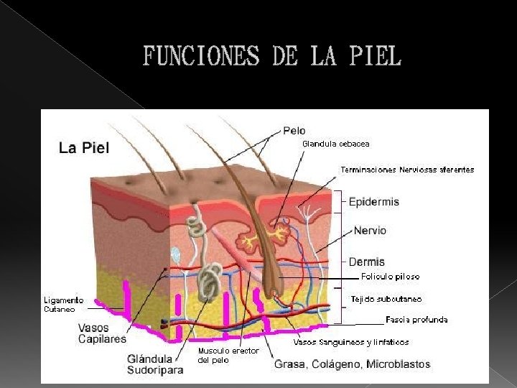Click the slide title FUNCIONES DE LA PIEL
tap(272, 56)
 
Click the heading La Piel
tap(84, 148)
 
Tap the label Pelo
tap(294, 131)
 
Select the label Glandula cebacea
tap(336, 144)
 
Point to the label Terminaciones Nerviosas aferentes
tap(406, 170)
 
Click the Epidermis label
tap(374, 202)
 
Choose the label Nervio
tap(370, 231)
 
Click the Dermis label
tap(367, 262)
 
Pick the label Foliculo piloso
tap(390, 276)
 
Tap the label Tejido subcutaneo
tap(386, 298)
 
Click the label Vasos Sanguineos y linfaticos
tap(350, 342)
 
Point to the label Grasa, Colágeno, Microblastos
tap(352, 364)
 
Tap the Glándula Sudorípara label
tap(155, 364)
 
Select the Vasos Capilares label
tap(102, 333)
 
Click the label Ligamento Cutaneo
tap(63, 304)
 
